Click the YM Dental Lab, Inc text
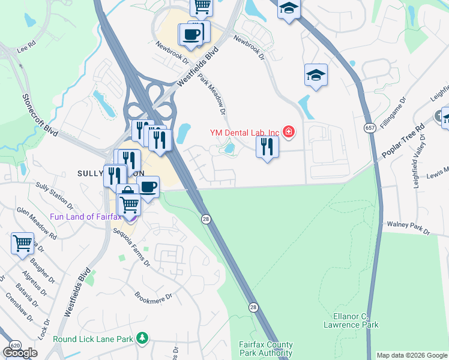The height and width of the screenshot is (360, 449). tap(244, 132)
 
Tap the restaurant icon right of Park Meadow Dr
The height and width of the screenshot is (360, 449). tap(267, 147)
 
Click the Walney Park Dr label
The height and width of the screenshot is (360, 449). tap(409, 227)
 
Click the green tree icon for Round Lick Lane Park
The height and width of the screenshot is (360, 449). tap(142, 339)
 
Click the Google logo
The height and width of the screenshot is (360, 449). tap(20, 353)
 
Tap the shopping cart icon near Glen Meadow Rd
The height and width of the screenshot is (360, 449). tap(22, 244)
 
